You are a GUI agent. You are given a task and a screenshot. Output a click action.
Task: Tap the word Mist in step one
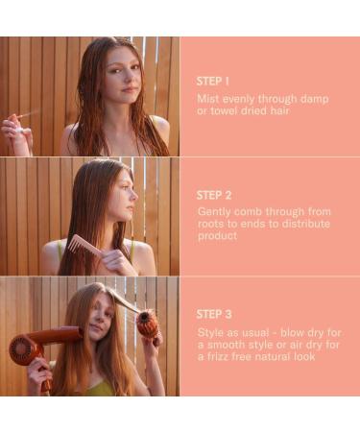click(207, 98)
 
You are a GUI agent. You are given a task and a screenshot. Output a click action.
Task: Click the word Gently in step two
click(214, 210)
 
